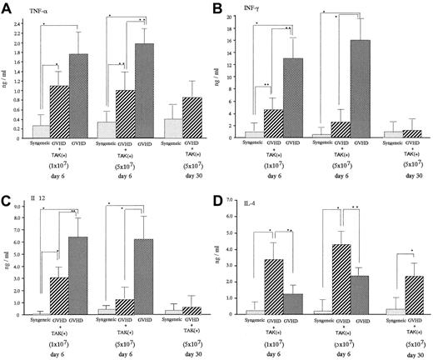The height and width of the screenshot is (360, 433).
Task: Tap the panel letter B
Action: click(226, 8)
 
